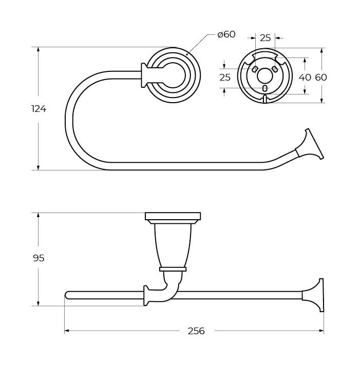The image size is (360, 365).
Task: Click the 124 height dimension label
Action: tap(39, 109)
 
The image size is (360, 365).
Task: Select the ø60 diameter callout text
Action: tap(226, 34)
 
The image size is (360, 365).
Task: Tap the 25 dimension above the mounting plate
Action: tap(265, 37)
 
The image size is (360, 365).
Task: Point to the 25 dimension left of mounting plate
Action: tap(225, 78)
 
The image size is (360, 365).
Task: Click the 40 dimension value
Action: tap(305, 78)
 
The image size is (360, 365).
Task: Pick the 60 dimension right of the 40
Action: tap(321, 78)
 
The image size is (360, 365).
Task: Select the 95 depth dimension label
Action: tap(39, 258)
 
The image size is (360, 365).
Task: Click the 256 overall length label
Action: tap(196, 331)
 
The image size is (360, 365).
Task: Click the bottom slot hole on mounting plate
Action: tap(264, 88)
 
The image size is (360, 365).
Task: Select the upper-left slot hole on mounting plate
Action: tap(254, 69)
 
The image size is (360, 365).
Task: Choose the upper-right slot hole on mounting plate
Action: tap(275, 69)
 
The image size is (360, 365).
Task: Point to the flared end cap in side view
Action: tap(315, 295)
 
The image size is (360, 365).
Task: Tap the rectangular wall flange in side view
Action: tap(173, 216)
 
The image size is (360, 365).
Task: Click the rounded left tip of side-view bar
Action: tap(67, 295)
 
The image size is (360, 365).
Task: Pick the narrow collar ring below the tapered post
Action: tap(173, 268)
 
